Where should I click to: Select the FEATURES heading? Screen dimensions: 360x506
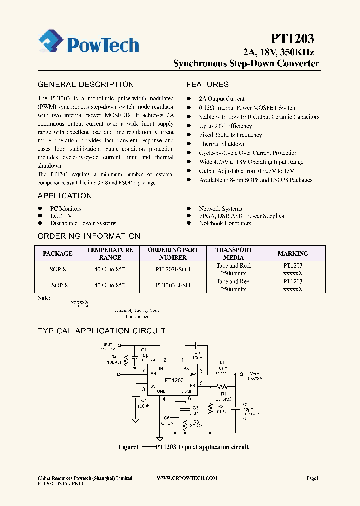[208, 85]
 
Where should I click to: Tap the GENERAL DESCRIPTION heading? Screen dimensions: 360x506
[86, 85]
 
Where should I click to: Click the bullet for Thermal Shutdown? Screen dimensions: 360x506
[189, 144]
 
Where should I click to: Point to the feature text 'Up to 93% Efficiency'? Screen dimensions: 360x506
[225, 126]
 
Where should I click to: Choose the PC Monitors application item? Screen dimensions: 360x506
[66, 209]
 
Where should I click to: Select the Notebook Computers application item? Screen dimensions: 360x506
[225, 223]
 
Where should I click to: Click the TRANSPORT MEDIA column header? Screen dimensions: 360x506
[233, 254]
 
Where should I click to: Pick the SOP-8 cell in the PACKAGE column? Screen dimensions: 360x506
[58, 269]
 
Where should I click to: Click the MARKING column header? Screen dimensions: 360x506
[293, 254]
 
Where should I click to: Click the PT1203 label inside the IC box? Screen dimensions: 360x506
[174, 380]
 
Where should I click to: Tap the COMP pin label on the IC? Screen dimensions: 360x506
[186, 391]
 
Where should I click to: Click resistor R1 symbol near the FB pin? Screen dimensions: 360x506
[221, 386]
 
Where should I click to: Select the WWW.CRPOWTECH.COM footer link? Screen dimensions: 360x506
[187, 478]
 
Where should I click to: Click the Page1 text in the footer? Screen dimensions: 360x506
[312, 478]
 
